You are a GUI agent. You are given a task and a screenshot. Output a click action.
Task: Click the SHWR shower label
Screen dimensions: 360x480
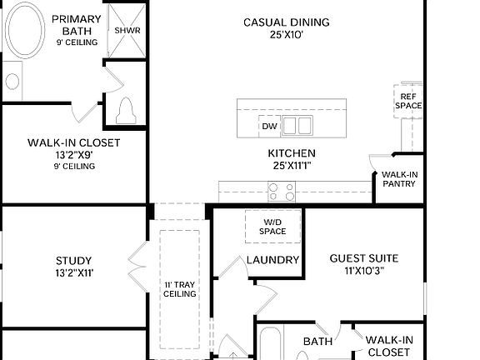(127, 30)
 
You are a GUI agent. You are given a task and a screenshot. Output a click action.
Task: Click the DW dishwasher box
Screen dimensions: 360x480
(269, 127)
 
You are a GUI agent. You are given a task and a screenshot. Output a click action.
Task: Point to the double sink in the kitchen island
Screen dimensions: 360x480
(297, 126)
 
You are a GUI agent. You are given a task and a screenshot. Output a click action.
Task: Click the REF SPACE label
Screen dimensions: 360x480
(408, 101)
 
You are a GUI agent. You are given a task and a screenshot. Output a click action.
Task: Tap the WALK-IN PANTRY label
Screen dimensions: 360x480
(400, 179)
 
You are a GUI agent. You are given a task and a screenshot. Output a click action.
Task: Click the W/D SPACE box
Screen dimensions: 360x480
(272, 226)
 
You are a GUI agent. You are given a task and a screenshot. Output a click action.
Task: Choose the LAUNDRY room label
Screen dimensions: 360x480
(272, 260)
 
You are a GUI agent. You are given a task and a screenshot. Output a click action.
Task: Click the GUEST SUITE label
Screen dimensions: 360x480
(363, 258)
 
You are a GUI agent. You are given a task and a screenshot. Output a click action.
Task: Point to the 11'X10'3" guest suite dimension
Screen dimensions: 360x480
(363, 271)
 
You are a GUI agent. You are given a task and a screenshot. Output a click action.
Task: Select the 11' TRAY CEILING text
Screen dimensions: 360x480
(179, 288)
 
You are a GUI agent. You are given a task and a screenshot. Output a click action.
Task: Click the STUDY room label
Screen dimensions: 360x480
(74, 260)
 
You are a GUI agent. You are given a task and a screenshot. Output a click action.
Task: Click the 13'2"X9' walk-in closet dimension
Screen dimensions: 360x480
(74, 155)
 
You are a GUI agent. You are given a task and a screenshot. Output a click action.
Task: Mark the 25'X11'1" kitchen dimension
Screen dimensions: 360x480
(291, 166)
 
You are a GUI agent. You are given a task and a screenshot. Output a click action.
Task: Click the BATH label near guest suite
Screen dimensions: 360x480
(317, 342)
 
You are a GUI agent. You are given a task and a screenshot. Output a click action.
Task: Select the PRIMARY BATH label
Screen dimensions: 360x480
(77, 25)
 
